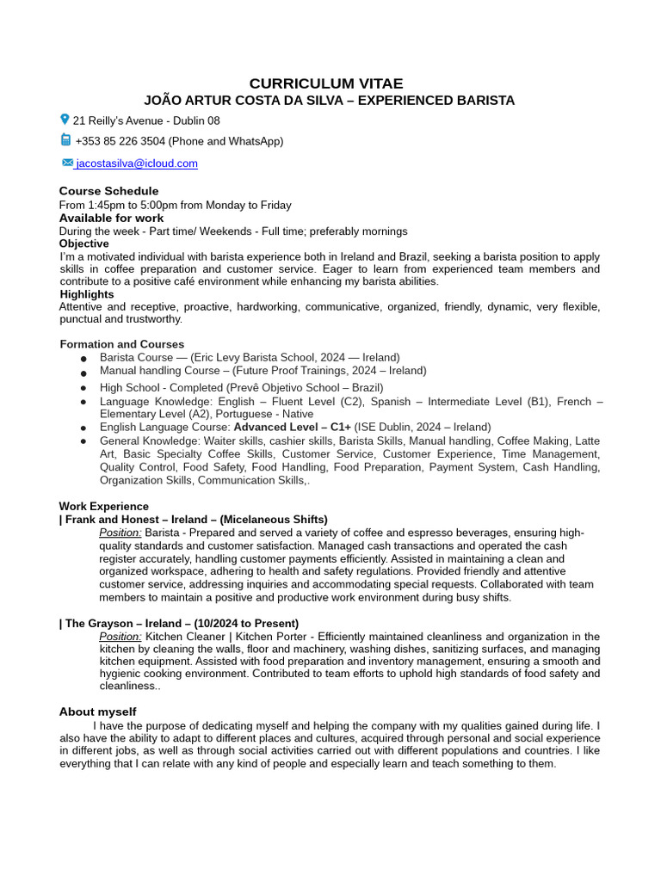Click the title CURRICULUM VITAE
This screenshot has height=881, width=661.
point(325,83)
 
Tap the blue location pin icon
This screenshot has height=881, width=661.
point(65,120)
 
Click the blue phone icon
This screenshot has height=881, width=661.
point(65,140)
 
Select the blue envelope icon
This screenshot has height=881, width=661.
point(67,163)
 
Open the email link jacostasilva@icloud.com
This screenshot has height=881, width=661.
point(137,163)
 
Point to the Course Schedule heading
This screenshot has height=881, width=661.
point(108,191)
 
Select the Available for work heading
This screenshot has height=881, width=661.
point(111,218)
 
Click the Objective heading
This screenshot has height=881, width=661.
point(84,243)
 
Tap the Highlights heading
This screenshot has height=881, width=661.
point(86,294)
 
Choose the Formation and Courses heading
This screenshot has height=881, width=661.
point(121,344)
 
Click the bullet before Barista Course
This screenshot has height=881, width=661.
point(83,359)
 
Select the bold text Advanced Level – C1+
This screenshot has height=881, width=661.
point(292,427)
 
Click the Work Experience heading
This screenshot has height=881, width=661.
point(103,506)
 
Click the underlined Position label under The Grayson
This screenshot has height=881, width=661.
point(120,637)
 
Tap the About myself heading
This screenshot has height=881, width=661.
point(97,712)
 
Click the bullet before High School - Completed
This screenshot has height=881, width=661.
point(83,389)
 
